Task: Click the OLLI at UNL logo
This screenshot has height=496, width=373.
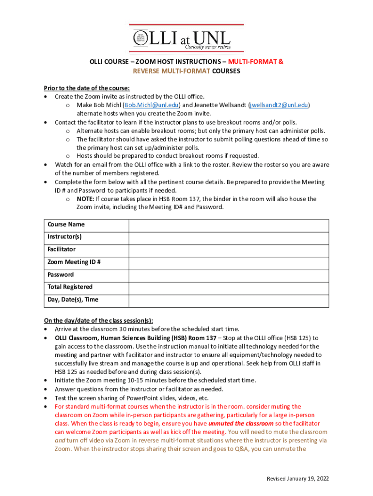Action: click(186, 38)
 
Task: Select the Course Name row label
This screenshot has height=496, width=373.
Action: click(66, 224)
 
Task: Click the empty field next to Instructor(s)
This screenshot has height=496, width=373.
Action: click(229, 237)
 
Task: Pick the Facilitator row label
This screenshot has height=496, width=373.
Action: click(62, 249)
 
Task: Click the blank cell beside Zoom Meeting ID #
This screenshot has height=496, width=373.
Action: click(229, 262)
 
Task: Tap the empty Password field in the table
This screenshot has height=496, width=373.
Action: click(229, 275)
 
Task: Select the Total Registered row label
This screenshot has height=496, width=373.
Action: click(70, 287)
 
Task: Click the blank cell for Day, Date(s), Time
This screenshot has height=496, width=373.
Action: click(229, 300)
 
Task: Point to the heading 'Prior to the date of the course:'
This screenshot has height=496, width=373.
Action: click(87, 88)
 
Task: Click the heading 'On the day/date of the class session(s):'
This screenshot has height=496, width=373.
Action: click(98, 321)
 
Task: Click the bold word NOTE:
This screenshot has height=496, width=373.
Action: click(85, 199)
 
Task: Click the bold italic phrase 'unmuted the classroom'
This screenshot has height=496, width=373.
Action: click(234, 424)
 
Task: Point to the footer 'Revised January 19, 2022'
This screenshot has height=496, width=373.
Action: click(298, 479)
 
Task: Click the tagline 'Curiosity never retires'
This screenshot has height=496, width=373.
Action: click(208, 47)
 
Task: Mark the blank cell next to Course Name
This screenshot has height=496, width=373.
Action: click(229, 224)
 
